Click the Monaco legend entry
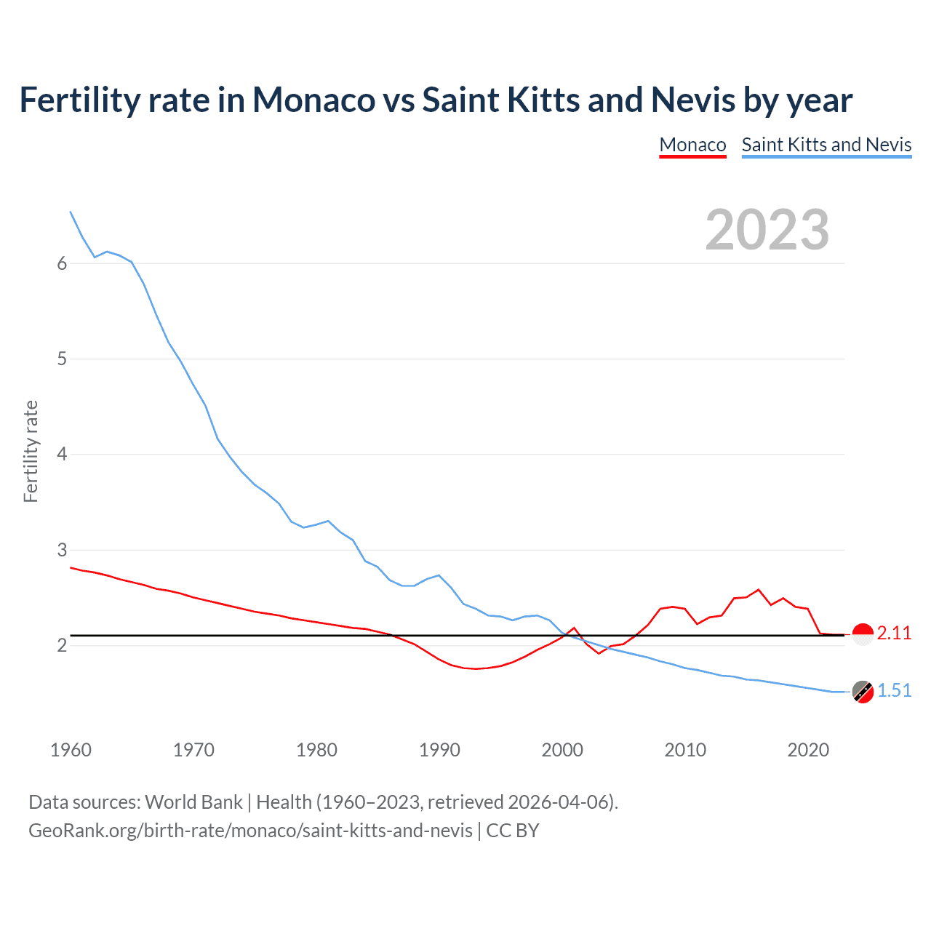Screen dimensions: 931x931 (692, 145)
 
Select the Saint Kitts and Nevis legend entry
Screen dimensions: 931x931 (826, 145)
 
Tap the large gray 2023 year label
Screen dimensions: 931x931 (767, 230)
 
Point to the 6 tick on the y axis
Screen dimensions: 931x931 (62, 264)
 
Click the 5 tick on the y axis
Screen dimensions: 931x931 (62, 359)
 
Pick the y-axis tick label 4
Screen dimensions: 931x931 (62, 455)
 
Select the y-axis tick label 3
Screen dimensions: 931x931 (62, 550)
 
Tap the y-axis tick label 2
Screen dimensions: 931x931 (62, 646)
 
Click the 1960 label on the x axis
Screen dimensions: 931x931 (71, 750)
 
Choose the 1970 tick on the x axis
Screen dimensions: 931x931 (193, 750)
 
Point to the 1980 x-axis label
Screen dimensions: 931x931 (316, 750)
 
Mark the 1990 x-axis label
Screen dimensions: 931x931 (439, 750)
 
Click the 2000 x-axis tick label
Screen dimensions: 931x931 (562, 750)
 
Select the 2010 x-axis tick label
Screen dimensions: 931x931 (685, 750)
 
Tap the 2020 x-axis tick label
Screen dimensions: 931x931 (808, 750)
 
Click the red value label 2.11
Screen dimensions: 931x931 (894, 634)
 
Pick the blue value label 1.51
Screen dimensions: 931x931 (894, 691)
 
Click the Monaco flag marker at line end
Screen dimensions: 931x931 (863, 635)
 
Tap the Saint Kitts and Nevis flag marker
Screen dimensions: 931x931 (863, 692)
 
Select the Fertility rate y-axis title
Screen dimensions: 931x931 (31, 451)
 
